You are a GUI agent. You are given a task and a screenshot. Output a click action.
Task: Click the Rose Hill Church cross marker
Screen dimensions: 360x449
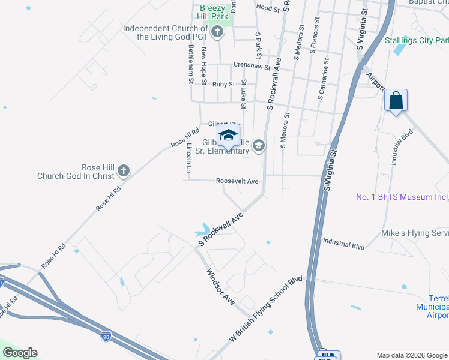[x=123, y=171]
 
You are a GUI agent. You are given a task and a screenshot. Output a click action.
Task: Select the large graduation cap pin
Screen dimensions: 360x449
[x=228, y=136]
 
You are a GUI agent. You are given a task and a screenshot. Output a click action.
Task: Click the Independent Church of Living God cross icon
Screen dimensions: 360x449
[x=217, y=32]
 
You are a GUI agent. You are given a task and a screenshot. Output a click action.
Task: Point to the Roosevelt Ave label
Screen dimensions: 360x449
[x=237, y=181]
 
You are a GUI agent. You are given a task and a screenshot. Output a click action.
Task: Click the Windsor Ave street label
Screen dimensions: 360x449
[x=221, y=286]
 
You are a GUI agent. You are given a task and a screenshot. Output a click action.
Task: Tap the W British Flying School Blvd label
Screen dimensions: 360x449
[x=264, y=310]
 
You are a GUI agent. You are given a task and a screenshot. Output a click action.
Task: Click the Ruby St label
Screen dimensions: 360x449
[x=223, y=85]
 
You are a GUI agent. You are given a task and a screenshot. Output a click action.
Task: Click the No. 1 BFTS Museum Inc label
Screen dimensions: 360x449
[x=402, y=197]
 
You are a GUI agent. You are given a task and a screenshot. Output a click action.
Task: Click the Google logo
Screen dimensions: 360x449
[x=20, y=353]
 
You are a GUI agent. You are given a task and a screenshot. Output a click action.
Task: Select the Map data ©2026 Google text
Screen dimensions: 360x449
[x=411, y=355]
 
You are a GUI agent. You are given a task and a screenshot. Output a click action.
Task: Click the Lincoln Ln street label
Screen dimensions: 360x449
[x=188, y=158]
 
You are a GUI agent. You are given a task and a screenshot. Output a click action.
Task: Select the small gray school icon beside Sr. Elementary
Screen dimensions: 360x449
[x=259, y=145]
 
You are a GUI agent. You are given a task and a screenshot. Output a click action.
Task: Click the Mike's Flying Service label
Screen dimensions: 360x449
[x=415, y=232]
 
